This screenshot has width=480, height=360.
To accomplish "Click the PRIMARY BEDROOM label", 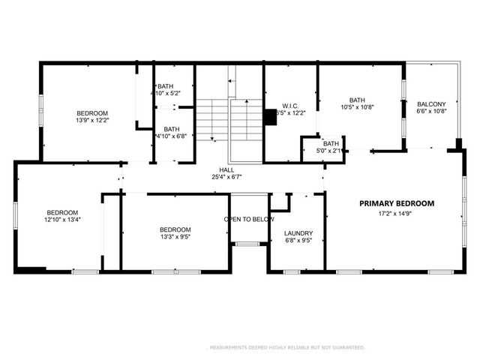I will coord(396,203).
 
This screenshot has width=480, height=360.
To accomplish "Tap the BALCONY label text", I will coord(431,104).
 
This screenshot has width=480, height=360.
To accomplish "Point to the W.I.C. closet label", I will coord(291,105).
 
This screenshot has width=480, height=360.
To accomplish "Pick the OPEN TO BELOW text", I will coord(249,219).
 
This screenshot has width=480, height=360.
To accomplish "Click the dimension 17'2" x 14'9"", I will coord(396,214).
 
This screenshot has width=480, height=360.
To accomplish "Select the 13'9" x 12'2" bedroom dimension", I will coord(91,120).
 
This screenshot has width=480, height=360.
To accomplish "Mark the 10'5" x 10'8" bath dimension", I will coord(357,107).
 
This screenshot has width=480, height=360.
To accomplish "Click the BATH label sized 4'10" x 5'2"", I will coord(165,87).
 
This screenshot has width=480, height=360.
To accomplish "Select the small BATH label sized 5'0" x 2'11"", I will coord(331,143).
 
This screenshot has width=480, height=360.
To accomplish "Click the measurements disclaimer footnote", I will coord(285,347).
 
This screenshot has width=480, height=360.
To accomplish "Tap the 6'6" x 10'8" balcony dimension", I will coord(431,112).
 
